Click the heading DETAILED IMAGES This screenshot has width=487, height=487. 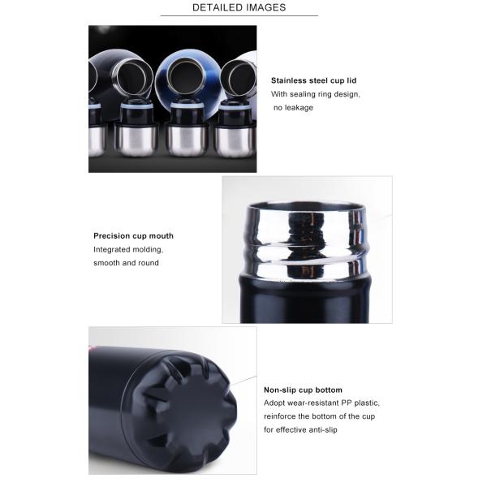point(239,7)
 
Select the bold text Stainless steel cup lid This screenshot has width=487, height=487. point(313,80)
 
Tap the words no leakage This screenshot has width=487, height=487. point(293,107)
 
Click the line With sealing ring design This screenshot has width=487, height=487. point(316,94)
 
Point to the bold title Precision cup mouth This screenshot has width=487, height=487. point(134,235)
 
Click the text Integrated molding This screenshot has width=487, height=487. point(128,249)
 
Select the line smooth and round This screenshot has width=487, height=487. point(126,263)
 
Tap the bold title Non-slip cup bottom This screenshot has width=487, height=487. point(303,390)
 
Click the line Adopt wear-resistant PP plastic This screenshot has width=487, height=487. point(321,403)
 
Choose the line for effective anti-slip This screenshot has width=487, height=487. point(300,429)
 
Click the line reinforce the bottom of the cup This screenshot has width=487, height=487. point(320,416)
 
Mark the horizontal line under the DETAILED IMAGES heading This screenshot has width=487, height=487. point(239,15)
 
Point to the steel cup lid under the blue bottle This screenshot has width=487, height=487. point(186,140)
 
